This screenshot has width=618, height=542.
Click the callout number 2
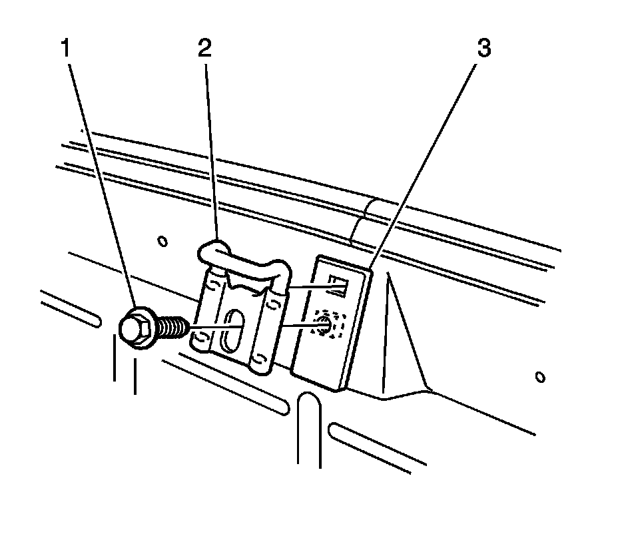204,49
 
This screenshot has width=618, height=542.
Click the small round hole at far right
541,378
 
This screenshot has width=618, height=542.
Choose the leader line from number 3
426,160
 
